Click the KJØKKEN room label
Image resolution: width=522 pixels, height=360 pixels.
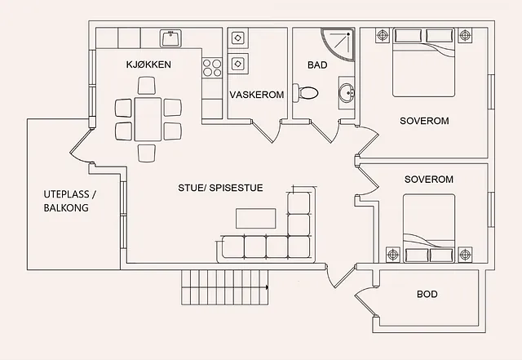coord(148,64)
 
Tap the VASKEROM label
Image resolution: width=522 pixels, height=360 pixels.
coord(257,95)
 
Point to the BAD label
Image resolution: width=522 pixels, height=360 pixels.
coord(317,65)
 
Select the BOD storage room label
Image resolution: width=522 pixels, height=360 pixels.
coord(427,295)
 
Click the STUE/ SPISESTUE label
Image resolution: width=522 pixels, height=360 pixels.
coord(220,188)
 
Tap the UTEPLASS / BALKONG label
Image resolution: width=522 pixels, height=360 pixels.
coord(70,201)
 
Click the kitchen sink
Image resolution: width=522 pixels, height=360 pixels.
coord(170,38)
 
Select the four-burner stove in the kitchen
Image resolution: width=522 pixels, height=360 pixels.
coord(212,68)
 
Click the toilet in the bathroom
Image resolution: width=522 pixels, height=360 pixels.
coord(305,92)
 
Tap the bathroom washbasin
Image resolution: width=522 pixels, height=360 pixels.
coord(347,93)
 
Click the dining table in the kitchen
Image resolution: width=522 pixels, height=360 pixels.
coord(148,119)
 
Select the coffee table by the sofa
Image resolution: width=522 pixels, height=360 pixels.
coord(255,218)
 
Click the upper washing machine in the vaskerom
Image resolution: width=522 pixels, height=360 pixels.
coord(237,38)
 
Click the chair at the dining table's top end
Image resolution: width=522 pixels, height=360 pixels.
coord(147,86)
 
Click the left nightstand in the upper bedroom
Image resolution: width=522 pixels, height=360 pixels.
coord(383,34)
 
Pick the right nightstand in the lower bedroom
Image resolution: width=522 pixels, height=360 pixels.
coord(465,255)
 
